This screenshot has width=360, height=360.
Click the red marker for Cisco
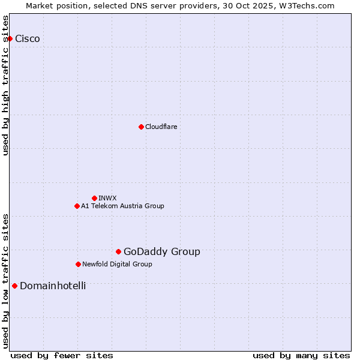point(10,38)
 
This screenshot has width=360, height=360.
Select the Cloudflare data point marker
point(141,127)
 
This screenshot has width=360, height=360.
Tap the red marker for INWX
point(94,198)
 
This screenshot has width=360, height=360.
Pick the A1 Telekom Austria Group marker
point(77,206)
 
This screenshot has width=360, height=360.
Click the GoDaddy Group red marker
point(118,251)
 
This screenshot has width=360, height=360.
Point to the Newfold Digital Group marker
point(78,264)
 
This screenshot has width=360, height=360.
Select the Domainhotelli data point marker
point(14,286)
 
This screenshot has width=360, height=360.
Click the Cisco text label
point(28,39)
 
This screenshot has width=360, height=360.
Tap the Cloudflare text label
point(161,127)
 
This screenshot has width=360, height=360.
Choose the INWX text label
point(107,198)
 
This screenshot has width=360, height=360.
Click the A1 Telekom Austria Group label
point(122,206)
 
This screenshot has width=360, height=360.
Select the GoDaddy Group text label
point(162,252)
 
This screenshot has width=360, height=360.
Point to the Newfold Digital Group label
point(117,264)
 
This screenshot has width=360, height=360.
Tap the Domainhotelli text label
point(53,286)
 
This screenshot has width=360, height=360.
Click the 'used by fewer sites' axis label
point(62,355)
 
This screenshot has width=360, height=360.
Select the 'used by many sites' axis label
point(301,355)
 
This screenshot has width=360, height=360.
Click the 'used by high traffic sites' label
point(6,85)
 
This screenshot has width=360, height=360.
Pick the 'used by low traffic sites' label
point(6,281)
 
